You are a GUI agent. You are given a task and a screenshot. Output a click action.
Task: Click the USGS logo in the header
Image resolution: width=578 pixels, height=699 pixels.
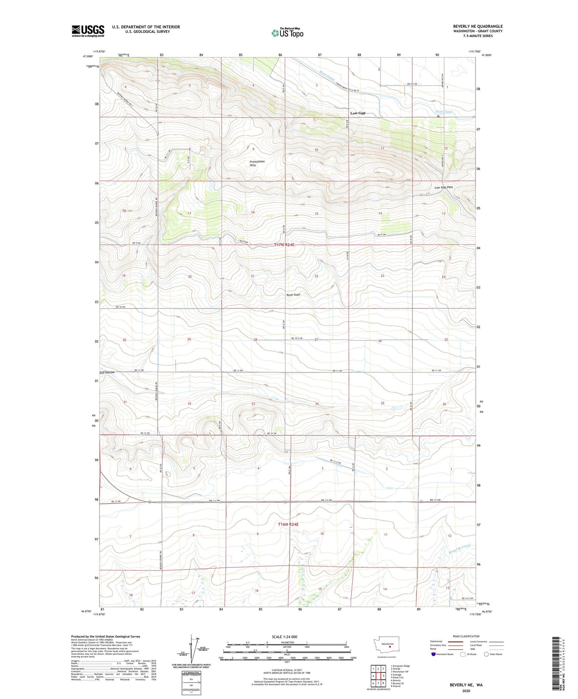pos(88,31)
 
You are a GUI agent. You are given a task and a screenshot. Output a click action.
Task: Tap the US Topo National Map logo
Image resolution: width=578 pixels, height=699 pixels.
pos(287,33)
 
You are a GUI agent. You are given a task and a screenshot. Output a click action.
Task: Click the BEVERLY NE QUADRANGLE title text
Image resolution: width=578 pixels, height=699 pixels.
pos(478,26)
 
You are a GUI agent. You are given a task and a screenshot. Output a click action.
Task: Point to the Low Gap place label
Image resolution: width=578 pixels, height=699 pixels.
pos(358,113)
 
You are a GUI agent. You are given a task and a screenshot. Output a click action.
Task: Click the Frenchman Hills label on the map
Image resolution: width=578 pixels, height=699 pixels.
pos(257,163)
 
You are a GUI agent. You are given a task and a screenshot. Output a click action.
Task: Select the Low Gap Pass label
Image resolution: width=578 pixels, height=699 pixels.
pos(444,187)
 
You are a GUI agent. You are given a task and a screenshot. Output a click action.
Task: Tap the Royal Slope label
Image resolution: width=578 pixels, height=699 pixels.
pos(293,295)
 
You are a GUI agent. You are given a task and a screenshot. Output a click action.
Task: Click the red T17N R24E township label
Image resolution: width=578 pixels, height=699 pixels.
pos(287,245)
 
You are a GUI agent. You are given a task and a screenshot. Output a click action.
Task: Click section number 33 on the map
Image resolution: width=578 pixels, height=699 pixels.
pos(253,404)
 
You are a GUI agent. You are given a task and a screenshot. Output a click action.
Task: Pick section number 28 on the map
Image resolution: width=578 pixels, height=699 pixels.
pos(255,340)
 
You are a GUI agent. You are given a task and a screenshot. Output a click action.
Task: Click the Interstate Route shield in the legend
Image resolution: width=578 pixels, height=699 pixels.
pos(434,654)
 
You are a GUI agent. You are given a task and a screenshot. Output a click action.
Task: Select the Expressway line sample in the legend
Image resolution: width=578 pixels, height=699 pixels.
pos(455,642)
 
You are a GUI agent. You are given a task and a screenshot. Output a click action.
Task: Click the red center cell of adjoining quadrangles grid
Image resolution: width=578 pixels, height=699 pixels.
pos(378,675)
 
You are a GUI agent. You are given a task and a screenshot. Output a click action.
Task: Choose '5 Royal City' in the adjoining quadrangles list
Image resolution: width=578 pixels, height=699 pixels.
pos(398,677)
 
